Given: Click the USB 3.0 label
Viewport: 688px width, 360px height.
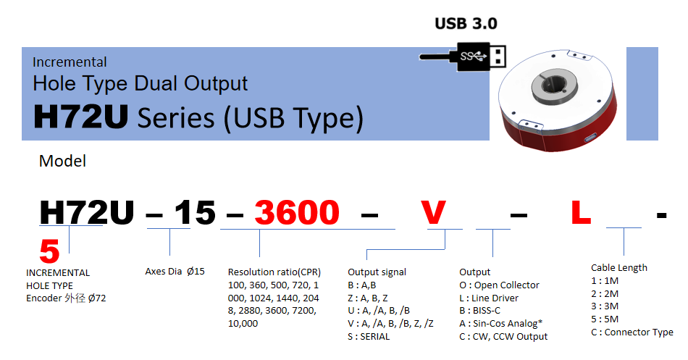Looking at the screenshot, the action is point(466,23).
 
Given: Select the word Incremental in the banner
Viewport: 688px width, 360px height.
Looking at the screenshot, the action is point(70,62).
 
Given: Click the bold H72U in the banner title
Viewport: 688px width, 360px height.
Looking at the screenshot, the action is point(81,117).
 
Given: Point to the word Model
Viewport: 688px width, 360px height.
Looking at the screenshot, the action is point(62,161).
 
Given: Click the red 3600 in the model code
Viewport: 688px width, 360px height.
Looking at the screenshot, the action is point(297,212).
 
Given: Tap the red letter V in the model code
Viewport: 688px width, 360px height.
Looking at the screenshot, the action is point(433,212).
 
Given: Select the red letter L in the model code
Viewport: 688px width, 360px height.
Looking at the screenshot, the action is point(581,212).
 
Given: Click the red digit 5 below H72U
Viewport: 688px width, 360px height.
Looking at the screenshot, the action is point(49,251).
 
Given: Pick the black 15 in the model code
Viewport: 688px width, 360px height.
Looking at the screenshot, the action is point(196,212).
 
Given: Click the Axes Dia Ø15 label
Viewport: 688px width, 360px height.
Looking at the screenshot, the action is point(175,272).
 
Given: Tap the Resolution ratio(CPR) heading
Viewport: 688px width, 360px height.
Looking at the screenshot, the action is point(274,272).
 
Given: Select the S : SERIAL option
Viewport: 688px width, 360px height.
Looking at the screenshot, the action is point(369,337).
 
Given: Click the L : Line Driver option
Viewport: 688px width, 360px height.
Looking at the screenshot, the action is point(489,298).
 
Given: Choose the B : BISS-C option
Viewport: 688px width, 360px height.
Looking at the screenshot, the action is point(479,311).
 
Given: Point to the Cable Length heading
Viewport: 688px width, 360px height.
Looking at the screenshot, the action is point(619,268).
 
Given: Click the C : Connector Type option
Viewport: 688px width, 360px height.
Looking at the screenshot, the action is point(632,332).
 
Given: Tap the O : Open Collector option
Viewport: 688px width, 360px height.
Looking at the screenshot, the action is point(499,285).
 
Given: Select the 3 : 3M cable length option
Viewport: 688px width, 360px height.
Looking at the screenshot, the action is point(605,306).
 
